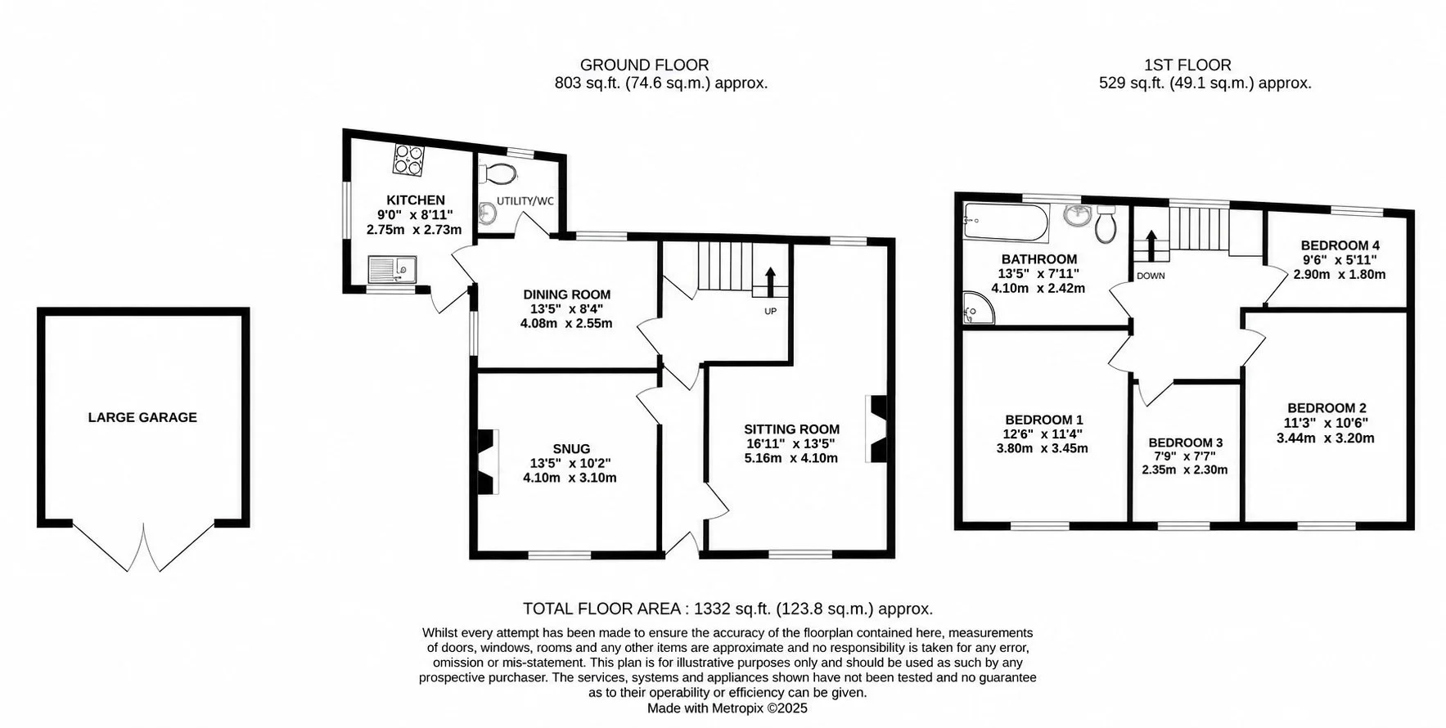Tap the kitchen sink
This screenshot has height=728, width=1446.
(393, 269)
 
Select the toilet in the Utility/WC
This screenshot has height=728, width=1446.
(500, 173)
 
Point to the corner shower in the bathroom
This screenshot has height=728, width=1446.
(978, 308)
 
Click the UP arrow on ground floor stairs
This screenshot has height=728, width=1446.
(770, 282)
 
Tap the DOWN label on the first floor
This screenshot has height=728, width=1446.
(1151, 276)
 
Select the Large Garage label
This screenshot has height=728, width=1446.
(142, 417)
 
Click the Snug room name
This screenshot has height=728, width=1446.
(571, 449)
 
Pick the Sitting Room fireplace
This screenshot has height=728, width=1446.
(877, 429)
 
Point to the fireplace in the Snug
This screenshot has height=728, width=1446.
(486, 461)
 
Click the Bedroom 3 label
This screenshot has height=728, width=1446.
(1185, 443)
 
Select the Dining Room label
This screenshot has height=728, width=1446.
(567, 294)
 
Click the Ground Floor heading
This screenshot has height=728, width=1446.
(645, 65)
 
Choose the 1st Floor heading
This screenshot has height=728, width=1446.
(1187, 65)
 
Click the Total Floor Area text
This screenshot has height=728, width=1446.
(728, 609)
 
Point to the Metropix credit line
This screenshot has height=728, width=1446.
(728, 708)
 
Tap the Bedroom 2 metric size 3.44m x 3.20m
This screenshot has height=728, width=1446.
(1326, 438)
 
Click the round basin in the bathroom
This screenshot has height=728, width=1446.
(1077, 215)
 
